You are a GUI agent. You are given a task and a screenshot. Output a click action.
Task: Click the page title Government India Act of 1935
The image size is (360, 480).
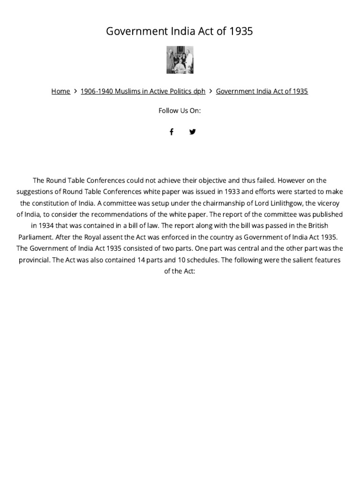(x=180, y=31)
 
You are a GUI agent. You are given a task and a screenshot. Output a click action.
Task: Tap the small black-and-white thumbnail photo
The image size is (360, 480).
(x=180, y=60)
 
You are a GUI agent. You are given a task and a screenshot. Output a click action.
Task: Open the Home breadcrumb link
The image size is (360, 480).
(x=60, y=91)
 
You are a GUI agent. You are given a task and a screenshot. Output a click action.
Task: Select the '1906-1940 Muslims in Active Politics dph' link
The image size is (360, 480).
(x=143, y=91)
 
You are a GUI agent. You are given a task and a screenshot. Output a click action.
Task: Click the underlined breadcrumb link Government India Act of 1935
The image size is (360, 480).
(x=262, y=91)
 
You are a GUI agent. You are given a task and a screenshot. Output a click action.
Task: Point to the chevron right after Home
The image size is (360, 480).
(x=75, y=91)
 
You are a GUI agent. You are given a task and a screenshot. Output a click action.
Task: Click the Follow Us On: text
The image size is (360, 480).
(x=180, y=111)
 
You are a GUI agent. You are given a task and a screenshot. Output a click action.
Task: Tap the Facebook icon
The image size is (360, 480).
(x=172, y=132)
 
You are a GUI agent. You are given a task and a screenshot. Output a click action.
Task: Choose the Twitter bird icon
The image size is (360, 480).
(x=192, y=132)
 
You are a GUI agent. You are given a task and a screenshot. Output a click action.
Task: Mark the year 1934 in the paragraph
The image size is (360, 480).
(x=40, y=225)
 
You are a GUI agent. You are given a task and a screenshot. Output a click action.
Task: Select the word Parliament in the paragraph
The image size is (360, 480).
(x=37, y=237)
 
